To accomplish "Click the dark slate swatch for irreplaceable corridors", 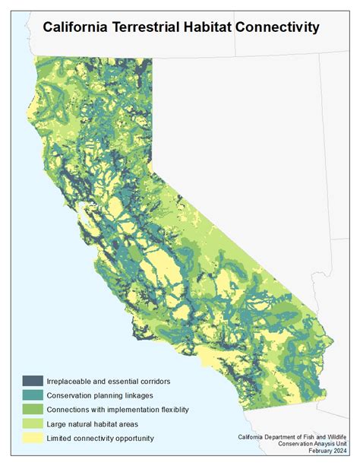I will (32, 380).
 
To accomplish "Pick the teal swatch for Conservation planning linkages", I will (32, 395).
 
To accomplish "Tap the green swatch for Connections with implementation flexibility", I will (32, 409).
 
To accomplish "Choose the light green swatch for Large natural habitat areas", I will (32, 423).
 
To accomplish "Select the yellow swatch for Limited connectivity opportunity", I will (32, 438).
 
